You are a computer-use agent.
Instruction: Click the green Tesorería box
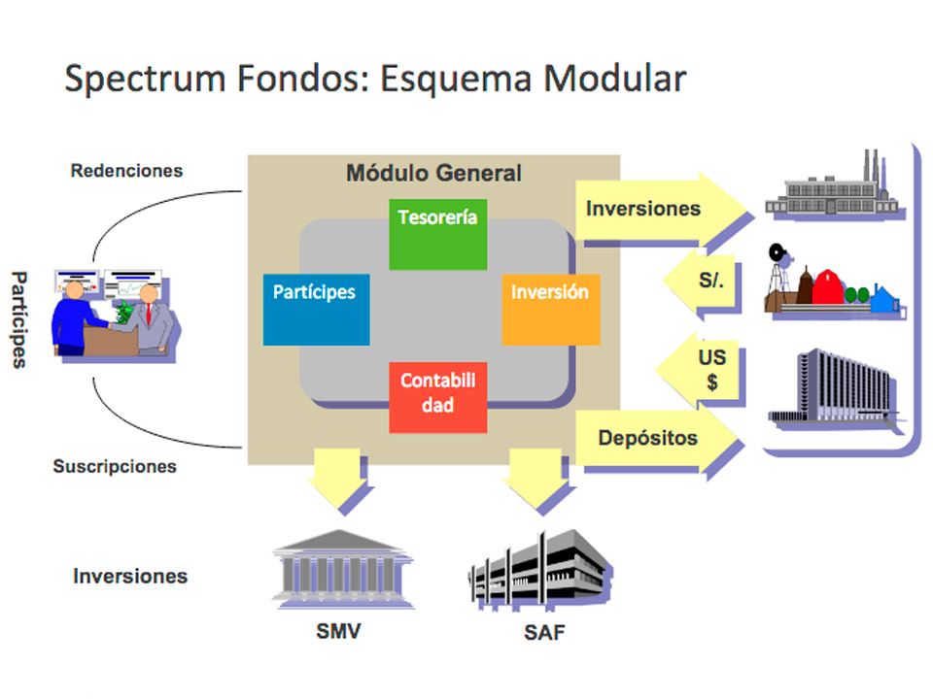[437, 234]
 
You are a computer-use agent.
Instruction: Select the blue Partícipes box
[316, 309]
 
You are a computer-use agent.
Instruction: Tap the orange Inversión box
[550, 309]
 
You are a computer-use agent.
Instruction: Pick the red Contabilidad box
[437, 397]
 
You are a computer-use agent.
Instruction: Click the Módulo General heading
[433, 174]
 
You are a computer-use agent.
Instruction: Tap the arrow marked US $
[707, 370]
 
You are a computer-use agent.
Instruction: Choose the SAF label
[543, 634]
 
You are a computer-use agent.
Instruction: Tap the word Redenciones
[126, 171]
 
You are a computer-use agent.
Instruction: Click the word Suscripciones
[115, 466]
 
